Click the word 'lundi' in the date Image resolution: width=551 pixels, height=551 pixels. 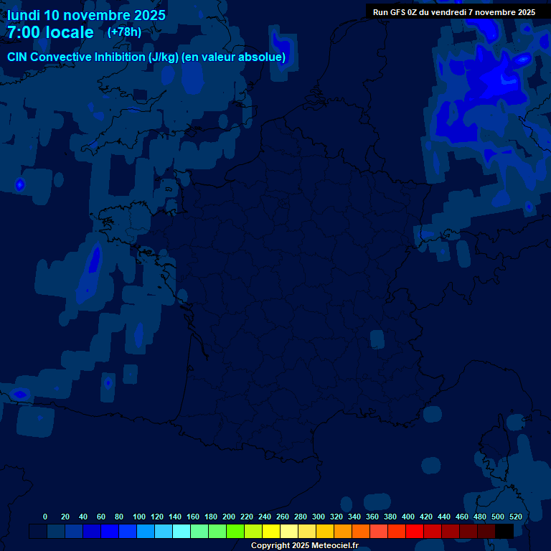(x=23, y=15)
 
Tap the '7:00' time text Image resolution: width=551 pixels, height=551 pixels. (x=26, y=32)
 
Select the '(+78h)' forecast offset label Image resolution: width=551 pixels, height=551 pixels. (x=124, y=32)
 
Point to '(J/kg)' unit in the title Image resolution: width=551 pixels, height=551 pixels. (x=160, y=57)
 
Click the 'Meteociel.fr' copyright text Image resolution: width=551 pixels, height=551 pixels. (x=334, y=546)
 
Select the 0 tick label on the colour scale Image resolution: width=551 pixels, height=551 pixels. (x=45, y=517)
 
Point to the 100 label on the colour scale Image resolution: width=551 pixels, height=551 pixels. (x=139, y=517)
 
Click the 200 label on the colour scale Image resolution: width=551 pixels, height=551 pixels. (x=229, y=517)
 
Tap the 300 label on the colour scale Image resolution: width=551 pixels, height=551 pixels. (x=319, y=517)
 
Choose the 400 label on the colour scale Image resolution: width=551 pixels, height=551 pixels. (x=408, y=517)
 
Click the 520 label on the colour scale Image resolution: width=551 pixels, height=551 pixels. (x=515, y=517)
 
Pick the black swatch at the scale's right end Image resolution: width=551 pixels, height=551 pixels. (x=504, y=531)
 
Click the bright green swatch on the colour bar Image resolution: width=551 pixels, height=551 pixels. (x=235, y=531)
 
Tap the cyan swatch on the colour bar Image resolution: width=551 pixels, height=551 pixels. (x=182, y=531)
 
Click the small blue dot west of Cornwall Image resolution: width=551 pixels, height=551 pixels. (x=19, y=184)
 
